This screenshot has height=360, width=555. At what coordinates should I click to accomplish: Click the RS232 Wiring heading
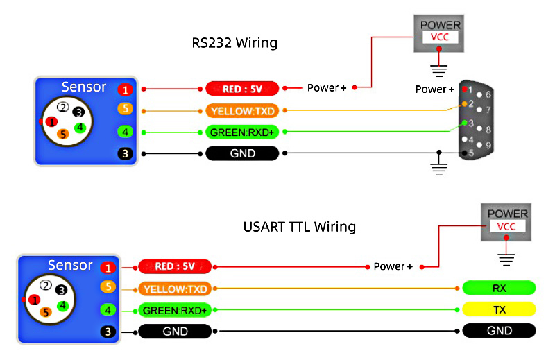[234, 43]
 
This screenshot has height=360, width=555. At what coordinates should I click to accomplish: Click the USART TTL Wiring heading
[300, 227]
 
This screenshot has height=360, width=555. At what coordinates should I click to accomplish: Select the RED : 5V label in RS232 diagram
[242, 89]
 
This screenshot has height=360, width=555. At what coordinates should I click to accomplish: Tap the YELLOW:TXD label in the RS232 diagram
[242, 110]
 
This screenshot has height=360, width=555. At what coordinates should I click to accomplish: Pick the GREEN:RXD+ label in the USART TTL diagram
[175, 310]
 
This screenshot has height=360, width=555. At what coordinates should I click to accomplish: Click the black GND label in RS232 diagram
[242, 153]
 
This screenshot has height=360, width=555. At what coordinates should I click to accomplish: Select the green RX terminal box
[499, 288]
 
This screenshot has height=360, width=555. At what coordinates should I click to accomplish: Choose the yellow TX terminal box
[499, 309]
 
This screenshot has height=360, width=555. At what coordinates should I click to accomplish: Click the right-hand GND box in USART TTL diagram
[499, 332]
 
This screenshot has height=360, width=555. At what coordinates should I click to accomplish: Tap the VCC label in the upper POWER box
[441, 37]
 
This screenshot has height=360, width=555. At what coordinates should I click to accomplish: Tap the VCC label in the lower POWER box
[507, 227]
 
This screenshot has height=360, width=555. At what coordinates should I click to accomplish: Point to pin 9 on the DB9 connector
[489, 145]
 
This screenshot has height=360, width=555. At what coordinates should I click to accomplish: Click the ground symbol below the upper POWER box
[438, 69]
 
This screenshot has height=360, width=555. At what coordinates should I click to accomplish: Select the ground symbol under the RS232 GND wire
[438, 166]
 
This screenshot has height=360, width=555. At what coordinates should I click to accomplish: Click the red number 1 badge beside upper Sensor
[125, 89]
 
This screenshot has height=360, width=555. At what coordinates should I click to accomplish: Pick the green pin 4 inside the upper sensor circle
[80, 128]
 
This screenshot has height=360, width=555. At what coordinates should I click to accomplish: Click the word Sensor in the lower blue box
[70, 266]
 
